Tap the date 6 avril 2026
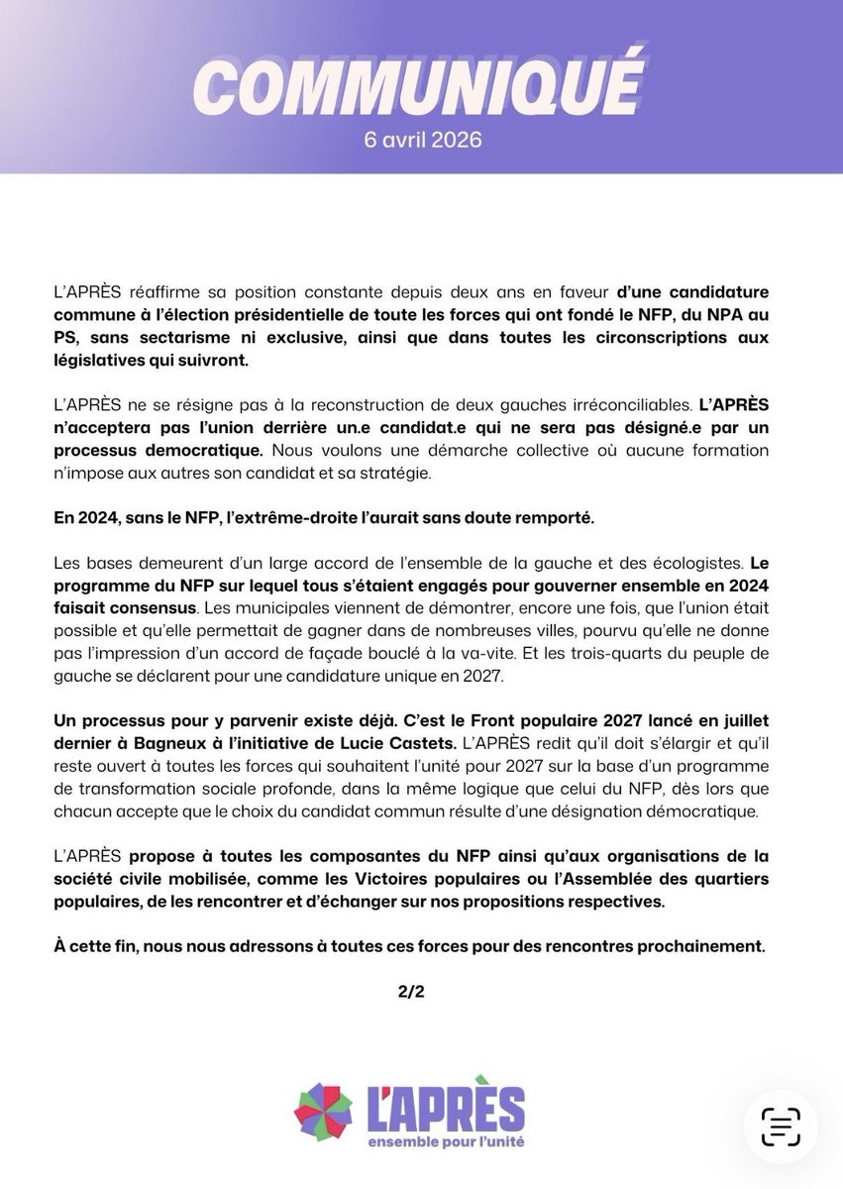(421, 140)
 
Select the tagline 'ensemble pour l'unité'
(446, 1141)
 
